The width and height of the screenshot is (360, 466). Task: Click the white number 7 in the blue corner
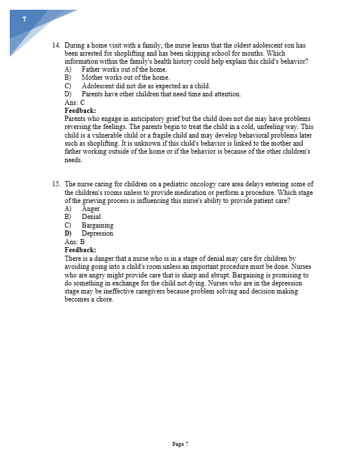(24, 19)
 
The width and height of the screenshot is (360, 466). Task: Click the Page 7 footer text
(180, 444)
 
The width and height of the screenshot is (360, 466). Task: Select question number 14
(56, 45)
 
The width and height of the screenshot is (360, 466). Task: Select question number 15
(56, 184)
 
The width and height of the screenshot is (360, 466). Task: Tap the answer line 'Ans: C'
(75, 103)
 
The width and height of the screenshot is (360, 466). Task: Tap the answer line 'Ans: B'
(75, 242)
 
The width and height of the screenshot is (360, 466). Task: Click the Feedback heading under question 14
(80, 111)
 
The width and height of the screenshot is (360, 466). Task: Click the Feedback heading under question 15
(80, 250)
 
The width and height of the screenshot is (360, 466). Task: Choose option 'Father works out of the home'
(124, 69)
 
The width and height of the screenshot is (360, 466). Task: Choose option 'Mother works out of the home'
(126, 77)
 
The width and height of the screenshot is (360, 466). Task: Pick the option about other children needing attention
(161, 94)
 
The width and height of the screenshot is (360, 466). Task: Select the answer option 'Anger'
(91, 209)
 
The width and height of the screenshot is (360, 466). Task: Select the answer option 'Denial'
(91, 217)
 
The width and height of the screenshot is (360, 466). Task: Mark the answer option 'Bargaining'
(97, 225)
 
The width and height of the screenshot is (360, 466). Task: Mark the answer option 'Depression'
(97, 233)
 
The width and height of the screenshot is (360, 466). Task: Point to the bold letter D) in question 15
(68, 233)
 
